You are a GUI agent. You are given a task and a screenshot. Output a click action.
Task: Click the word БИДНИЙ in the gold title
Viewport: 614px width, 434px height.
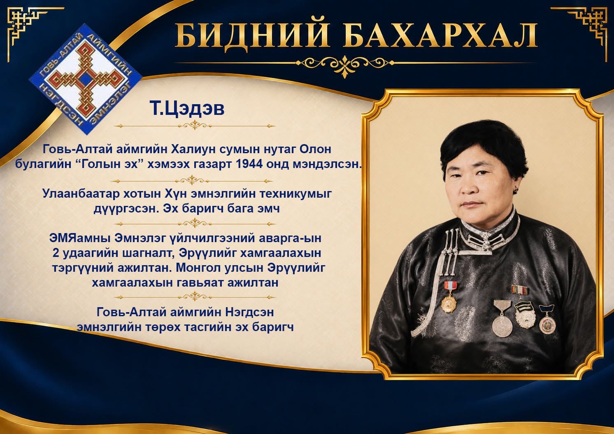coord(252,36)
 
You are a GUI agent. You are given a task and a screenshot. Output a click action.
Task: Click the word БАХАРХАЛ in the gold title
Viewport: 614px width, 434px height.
coord(440,36)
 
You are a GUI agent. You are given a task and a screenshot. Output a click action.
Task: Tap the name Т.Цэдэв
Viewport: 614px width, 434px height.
coord(187,108)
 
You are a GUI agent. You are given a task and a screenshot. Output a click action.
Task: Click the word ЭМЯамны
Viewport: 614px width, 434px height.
coord(80,238)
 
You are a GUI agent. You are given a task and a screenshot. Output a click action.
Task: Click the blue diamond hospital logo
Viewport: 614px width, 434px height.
coord(85,79)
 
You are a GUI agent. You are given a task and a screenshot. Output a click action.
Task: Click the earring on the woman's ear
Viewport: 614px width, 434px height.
coord(516,189)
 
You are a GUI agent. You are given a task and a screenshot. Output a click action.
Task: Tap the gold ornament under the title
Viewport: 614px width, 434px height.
coord(345,63)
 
